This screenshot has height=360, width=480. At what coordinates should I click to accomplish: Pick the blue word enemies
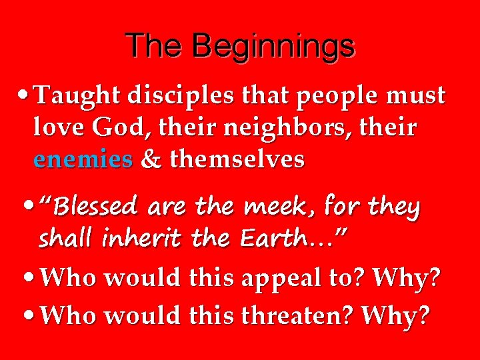click(x=83, y=160)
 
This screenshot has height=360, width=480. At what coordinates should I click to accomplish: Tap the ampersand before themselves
click(x=152, y=160)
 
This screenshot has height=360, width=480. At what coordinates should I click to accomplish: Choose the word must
click(x=417, y=97)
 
